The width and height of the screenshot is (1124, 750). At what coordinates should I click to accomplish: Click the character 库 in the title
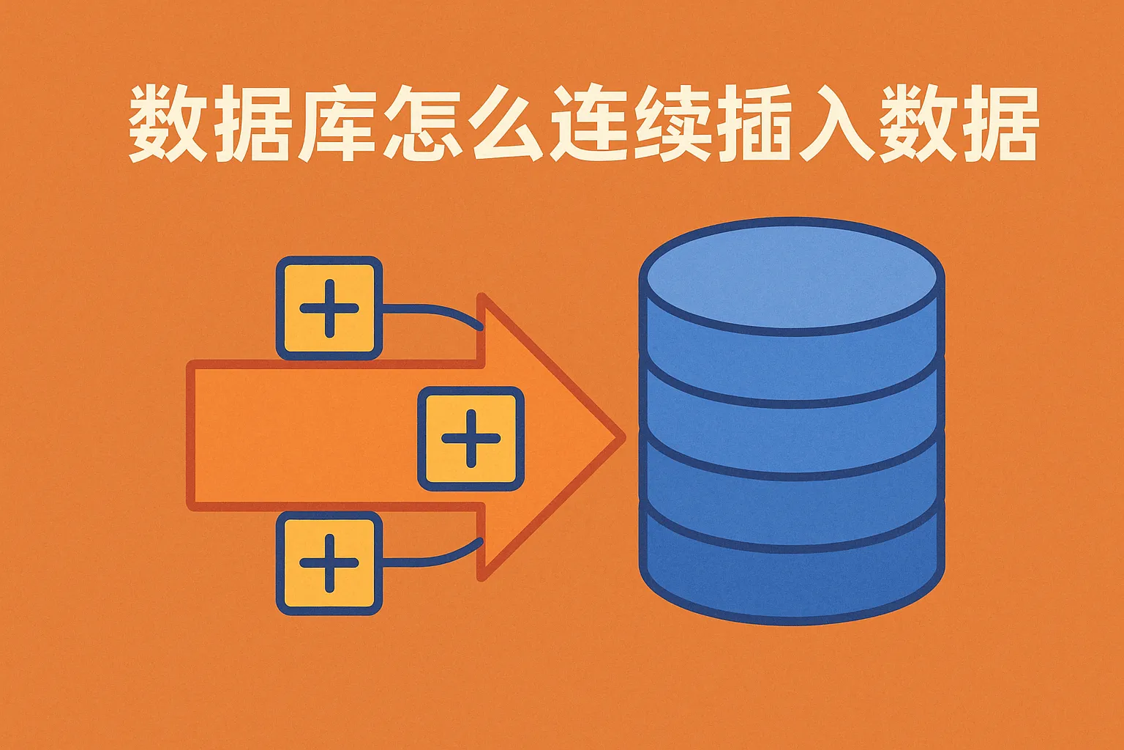(x=337, y=123)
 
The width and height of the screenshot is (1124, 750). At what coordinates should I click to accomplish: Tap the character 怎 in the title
(x=422, y=123)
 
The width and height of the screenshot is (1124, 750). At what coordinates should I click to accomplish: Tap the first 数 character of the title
(x=168, y=123)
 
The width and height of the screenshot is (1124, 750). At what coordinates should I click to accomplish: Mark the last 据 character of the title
(x=999, y=123)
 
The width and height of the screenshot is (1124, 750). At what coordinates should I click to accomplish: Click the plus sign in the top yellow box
(x=329, y=308)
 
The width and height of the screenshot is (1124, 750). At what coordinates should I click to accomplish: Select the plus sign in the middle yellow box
(x=471, y=439)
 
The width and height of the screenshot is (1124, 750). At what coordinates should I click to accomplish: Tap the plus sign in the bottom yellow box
(x=329, y=563)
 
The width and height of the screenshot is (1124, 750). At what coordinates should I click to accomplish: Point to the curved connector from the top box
(x=432, y=311)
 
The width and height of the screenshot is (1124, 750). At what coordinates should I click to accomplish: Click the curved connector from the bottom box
(x=432, y=560)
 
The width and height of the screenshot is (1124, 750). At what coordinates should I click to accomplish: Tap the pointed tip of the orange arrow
(x=623, y=437)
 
